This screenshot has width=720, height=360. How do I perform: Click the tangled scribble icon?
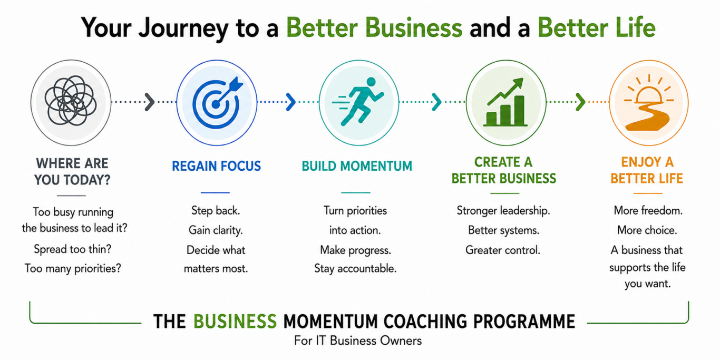(71, 101)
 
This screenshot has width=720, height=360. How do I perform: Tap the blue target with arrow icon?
(217, 103)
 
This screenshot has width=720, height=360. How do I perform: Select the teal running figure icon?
(358, 101)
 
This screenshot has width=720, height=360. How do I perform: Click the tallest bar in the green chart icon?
(519, 110)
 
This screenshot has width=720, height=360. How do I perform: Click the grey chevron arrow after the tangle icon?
(150, 102)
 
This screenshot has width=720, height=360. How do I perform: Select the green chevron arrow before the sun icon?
(580, 102)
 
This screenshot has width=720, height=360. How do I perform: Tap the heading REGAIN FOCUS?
(216, 166)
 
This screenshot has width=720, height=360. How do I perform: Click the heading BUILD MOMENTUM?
(357, 166)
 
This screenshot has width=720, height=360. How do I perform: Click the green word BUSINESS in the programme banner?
(235, 322)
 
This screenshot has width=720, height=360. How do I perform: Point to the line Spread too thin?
(72, 249)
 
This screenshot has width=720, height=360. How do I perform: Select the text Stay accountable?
(355, 268)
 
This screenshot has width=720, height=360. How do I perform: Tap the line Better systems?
(504, 230)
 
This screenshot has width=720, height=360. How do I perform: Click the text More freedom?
(648, 210)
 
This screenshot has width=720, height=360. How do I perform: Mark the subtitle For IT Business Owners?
(358, 340)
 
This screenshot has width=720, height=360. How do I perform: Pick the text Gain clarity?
(216, 230)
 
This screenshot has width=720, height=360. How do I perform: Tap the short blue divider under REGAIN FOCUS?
(215, 192)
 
